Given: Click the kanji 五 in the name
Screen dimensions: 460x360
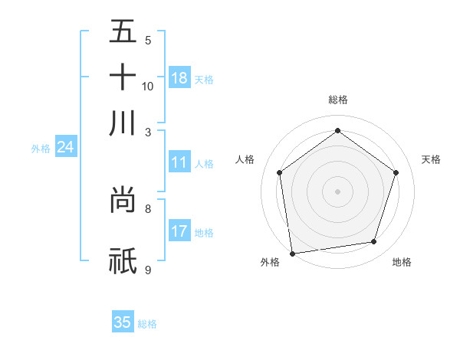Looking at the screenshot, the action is point(123,32).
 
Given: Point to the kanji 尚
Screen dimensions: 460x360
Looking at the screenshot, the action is point(123,201).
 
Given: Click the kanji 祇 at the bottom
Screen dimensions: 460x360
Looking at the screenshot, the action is point(123,260).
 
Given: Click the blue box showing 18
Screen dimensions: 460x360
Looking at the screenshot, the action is point(179,78).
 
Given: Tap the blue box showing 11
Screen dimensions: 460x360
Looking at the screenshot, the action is point(179,162).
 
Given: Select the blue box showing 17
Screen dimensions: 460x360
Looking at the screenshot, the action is point(179,231).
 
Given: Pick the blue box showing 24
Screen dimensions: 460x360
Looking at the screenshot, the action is point(65,147).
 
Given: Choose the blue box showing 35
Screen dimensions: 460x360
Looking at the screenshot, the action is point(123,322).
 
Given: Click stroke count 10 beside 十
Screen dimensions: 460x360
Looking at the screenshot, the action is point(147,86).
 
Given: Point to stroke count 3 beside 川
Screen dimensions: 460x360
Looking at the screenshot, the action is point(147,132).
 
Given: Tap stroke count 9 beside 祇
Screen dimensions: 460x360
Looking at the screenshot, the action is point(147,270).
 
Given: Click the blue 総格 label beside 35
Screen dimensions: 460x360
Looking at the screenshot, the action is point(147,324).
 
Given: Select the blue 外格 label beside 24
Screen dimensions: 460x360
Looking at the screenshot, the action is point(41,149).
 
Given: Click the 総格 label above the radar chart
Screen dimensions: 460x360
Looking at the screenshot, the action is point(337,100).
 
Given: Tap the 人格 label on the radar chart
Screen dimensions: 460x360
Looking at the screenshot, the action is point(245,159).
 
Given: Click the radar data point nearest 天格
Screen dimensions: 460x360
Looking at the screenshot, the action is point(396,172).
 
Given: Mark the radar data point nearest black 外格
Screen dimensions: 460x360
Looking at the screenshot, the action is point(292,252).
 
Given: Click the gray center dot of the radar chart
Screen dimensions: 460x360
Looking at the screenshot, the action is point(337,191).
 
